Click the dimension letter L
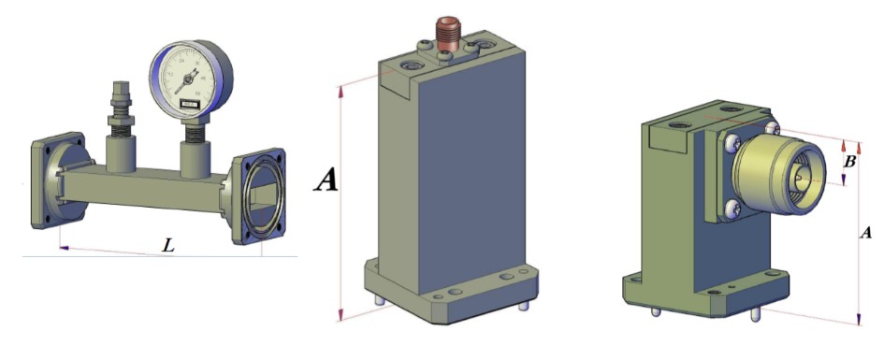pyautogui.click(x=167, y=246)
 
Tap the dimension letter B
pyautogui.click(x=849, y=162)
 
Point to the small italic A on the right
pyautogui.click(x=866, y=232)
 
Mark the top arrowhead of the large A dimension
pyautogui.click(x=341, y=87)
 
